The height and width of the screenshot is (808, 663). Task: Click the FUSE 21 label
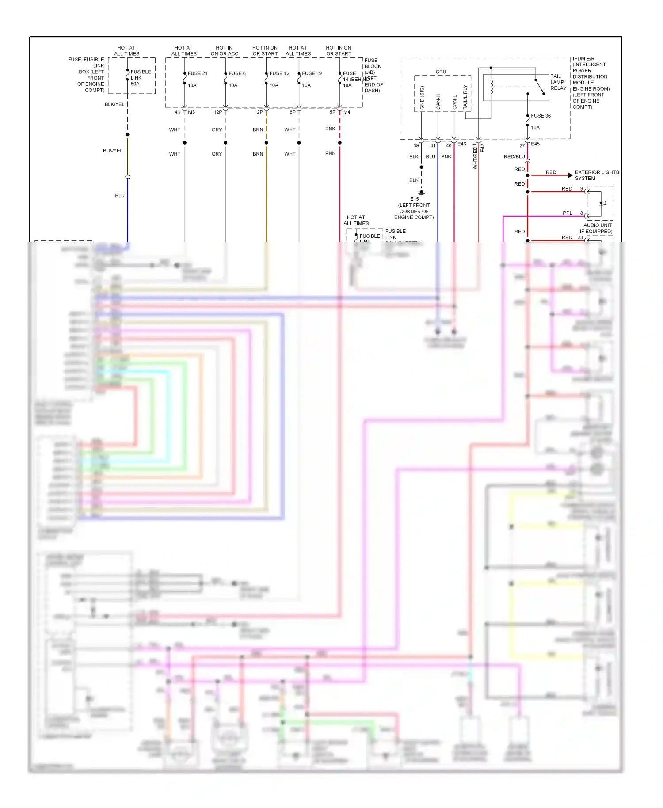click(x=197, y=73)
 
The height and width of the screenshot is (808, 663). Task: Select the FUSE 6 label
click(x=237, y=73)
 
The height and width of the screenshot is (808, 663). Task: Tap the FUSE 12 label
click(x=279, y=73)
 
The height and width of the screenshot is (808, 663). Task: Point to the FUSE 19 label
click(x=312, y=73)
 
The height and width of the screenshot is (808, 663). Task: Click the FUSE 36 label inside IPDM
click(x=541, y=116)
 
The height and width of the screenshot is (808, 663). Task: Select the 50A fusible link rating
click(x=135, y=84)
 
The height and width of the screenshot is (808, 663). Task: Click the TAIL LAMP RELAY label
click(x=558, y=82)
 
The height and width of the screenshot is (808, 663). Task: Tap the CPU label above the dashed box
click(x=441, y=72)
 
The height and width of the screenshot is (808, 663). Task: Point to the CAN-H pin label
click(x=438, y=102)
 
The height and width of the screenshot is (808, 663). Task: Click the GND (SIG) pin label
click(x=422, y=98)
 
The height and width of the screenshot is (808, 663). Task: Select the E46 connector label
click(x=461, y=144)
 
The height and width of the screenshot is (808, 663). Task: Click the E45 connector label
click(x=535, y=144)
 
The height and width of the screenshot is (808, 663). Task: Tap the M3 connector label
click(x=191, y=112)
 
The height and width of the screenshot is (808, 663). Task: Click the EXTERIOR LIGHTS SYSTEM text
click(x=596, y=175)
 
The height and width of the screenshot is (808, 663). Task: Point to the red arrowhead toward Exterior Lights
click(x=570, y=175)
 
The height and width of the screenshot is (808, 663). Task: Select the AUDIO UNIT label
click(x=597, y=225)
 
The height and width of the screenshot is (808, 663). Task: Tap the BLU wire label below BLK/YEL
click(x=120, y=195)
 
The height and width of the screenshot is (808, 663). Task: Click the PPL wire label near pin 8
click(x=567, y=213)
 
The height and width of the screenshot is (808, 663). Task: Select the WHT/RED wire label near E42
click(x=475, y=156)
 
